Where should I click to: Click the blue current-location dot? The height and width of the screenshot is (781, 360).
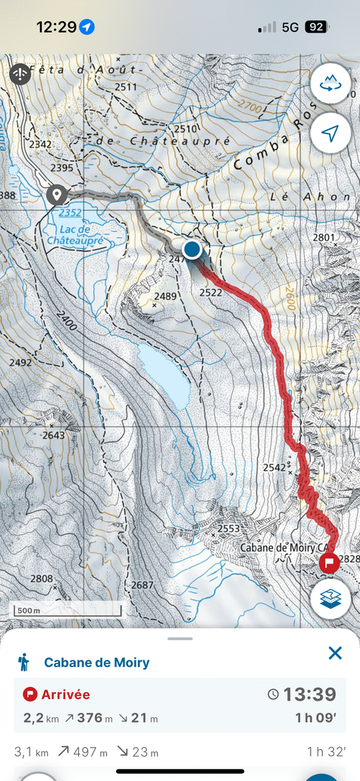[193, 249]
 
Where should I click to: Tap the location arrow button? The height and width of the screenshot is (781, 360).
[330, 133]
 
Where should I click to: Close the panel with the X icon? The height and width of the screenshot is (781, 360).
[335, 653]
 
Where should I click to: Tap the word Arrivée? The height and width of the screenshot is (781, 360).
[65, 694]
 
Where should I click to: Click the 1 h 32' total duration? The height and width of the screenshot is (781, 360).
[326, 752]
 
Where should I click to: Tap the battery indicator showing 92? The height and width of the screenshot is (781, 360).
[315, 27]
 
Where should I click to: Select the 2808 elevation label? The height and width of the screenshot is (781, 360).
[41, 579]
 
